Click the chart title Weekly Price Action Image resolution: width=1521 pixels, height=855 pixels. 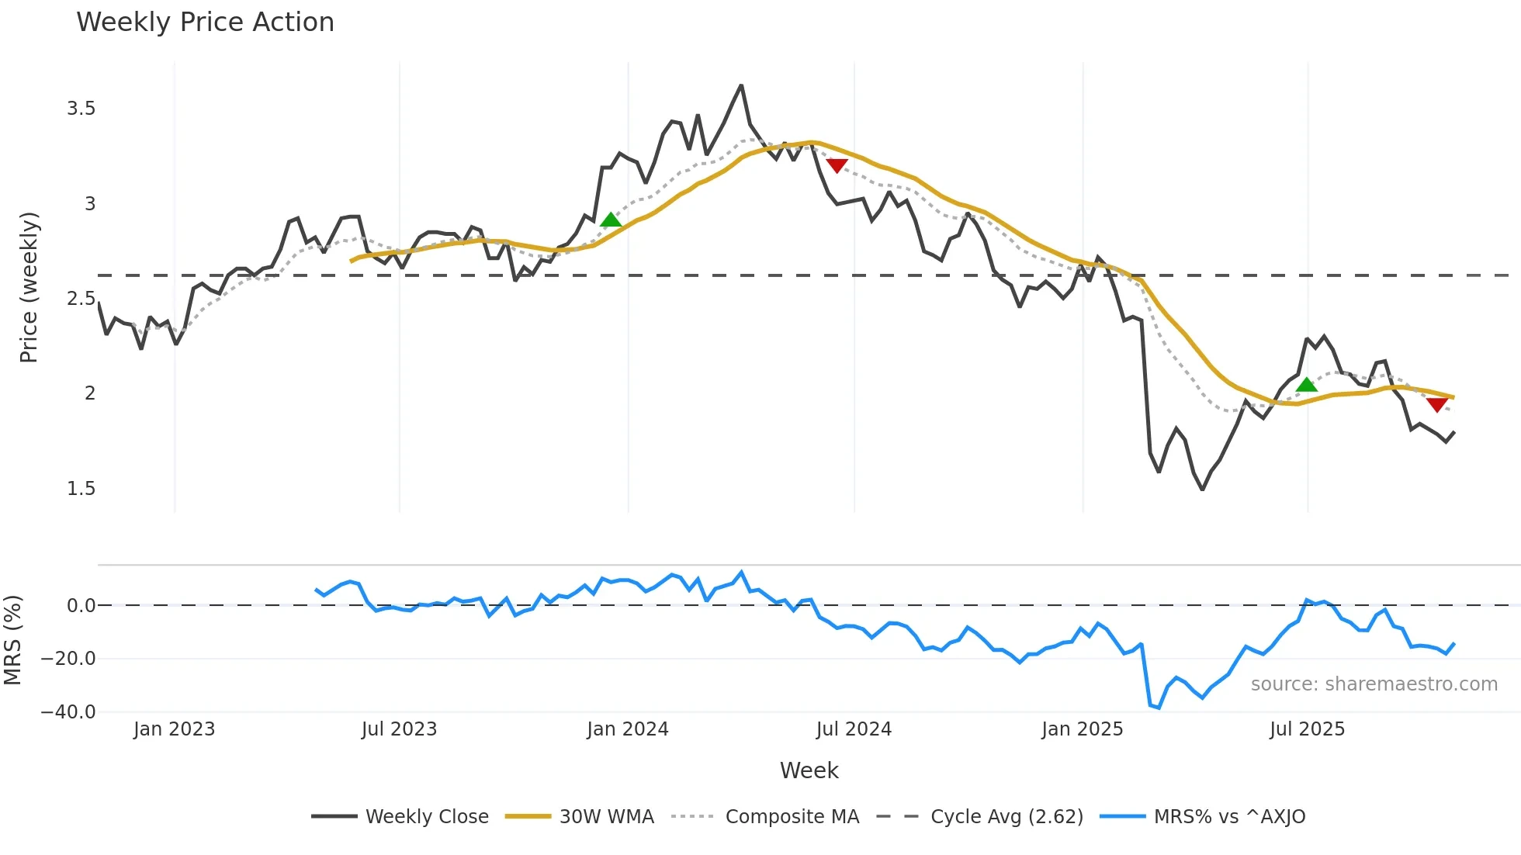click(205, 22)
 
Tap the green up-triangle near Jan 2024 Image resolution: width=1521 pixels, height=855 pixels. click(611, 220)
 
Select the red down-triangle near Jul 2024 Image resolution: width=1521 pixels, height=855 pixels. click(837, 165)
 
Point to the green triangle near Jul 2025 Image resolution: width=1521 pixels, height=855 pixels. click(1307, 385)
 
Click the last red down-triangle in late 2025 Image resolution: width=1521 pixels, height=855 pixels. click(1436, 404)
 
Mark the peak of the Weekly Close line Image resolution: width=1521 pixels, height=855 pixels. click(741, 85)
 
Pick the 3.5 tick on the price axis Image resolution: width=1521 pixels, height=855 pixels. click(81, 109)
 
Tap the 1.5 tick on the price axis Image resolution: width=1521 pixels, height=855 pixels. click(81, 489)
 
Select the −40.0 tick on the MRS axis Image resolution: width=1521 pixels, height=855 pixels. click(68, 712)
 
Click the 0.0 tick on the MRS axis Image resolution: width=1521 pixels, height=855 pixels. click(81, 606)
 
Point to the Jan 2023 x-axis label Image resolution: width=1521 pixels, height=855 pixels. click(174, 729)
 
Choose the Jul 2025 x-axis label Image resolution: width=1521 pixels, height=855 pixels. click(1307, 729)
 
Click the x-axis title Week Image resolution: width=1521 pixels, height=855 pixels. click(809, 770)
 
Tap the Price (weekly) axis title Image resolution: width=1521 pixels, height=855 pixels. click(29, 287)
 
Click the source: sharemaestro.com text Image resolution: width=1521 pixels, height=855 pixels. click(1374, 684)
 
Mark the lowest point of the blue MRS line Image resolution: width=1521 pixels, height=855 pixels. click(1159, 708)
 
